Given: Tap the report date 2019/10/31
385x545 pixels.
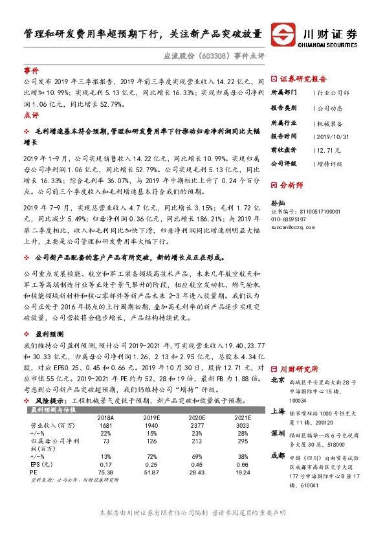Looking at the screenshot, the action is [x=336, y=137].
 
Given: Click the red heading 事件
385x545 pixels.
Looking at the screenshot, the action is [x=31, y=70].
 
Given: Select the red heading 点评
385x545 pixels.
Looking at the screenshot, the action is [x=31, y=115].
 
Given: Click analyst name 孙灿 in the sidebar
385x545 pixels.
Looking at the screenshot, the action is [x=278, y=203].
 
